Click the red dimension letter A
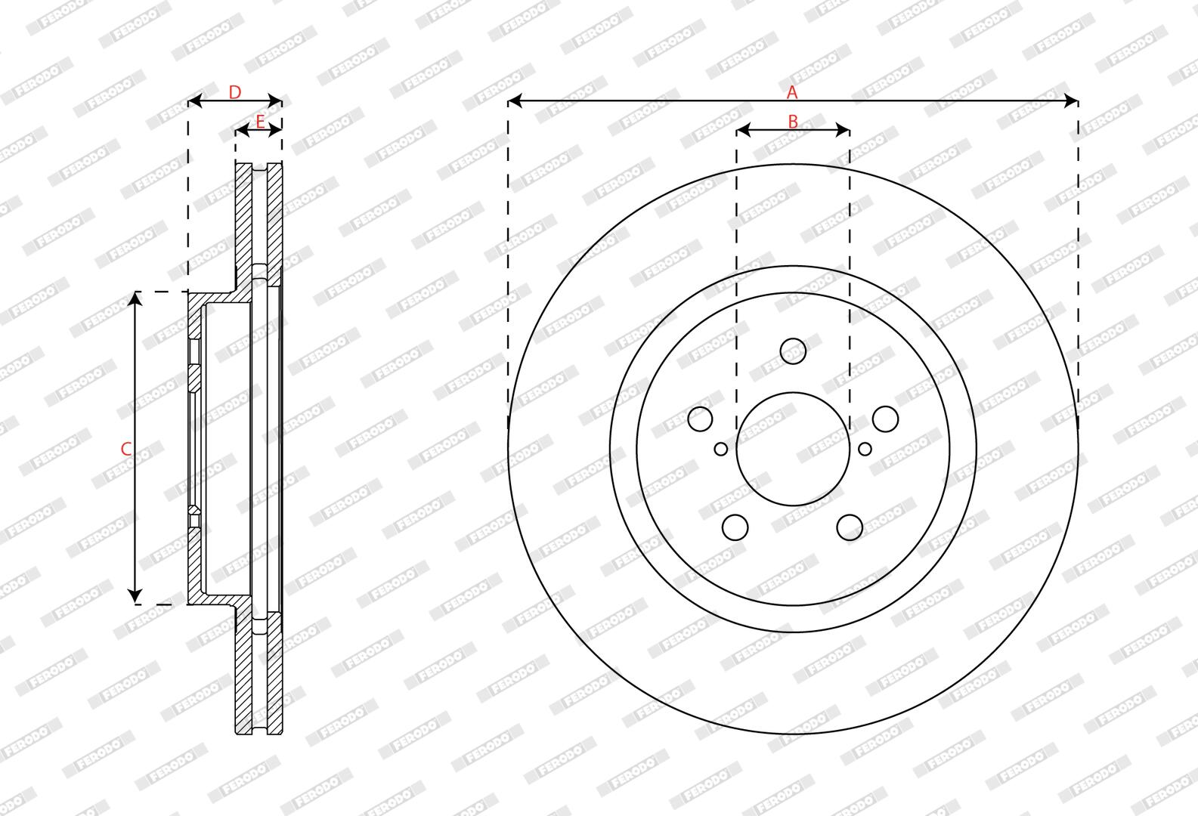792,92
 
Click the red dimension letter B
793,122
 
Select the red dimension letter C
126,449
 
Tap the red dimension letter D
235,92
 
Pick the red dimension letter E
260,122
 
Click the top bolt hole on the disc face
793,351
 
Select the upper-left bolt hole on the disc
700,419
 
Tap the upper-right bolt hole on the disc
885,419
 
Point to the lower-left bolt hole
735,527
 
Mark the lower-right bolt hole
850,527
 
